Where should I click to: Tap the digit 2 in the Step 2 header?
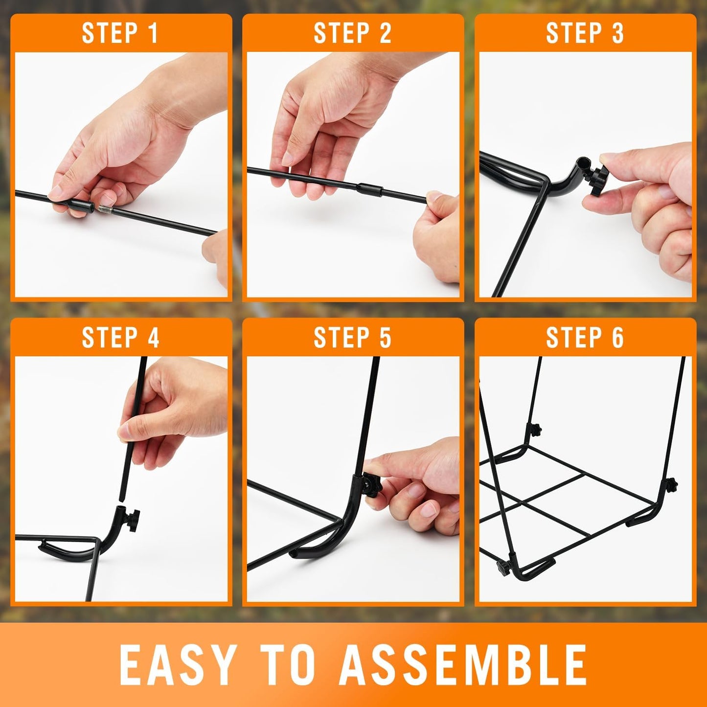point(385,33)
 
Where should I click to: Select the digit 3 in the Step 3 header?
point(617,33)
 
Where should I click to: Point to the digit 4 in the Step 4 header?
point(153,338)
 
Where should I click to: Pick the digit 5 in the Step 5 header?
point(385,338)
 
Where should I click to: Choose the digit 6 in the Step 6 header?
point(617,338)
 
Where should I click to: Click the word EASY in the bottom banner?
point(177,664)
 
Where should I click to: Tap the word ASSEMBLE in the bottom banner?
point(463,664)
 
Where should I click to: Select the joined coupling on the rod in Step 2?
point(369,188)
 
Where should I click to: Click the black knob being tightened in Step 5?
point(372,485)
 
